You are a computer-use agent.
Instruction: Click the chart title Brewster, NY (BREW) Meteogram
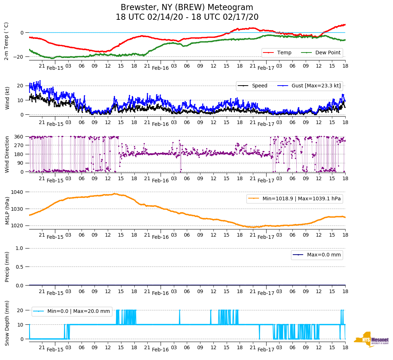(x=187, y=8)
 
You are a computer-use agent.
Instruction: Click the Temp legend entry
(x=284, y=53)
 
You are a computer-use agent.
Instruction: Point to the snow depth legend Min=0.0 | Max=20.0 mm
(x=78, y=311)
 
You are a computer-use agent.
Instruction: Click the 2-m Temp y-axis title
(x=6, y=41)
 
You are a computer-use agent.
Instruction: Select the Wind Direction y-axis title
(x=7, y=154)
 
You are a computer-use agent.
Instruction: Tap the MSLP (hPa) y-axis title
(x=7, y=209)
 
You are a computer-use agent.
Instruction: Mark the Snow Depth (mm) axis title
(x=7, y=323)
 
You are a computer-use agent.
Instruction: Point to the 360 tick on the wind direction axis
(x=19, y=137)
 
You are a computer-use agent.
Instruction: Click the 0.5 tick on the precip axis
(x=19, y=267)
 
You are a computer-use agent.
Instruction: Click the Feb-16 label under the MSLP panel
(x=160, y=237)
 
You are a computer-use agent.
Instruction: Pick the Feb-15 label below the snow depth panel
(x=55, y=350)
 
